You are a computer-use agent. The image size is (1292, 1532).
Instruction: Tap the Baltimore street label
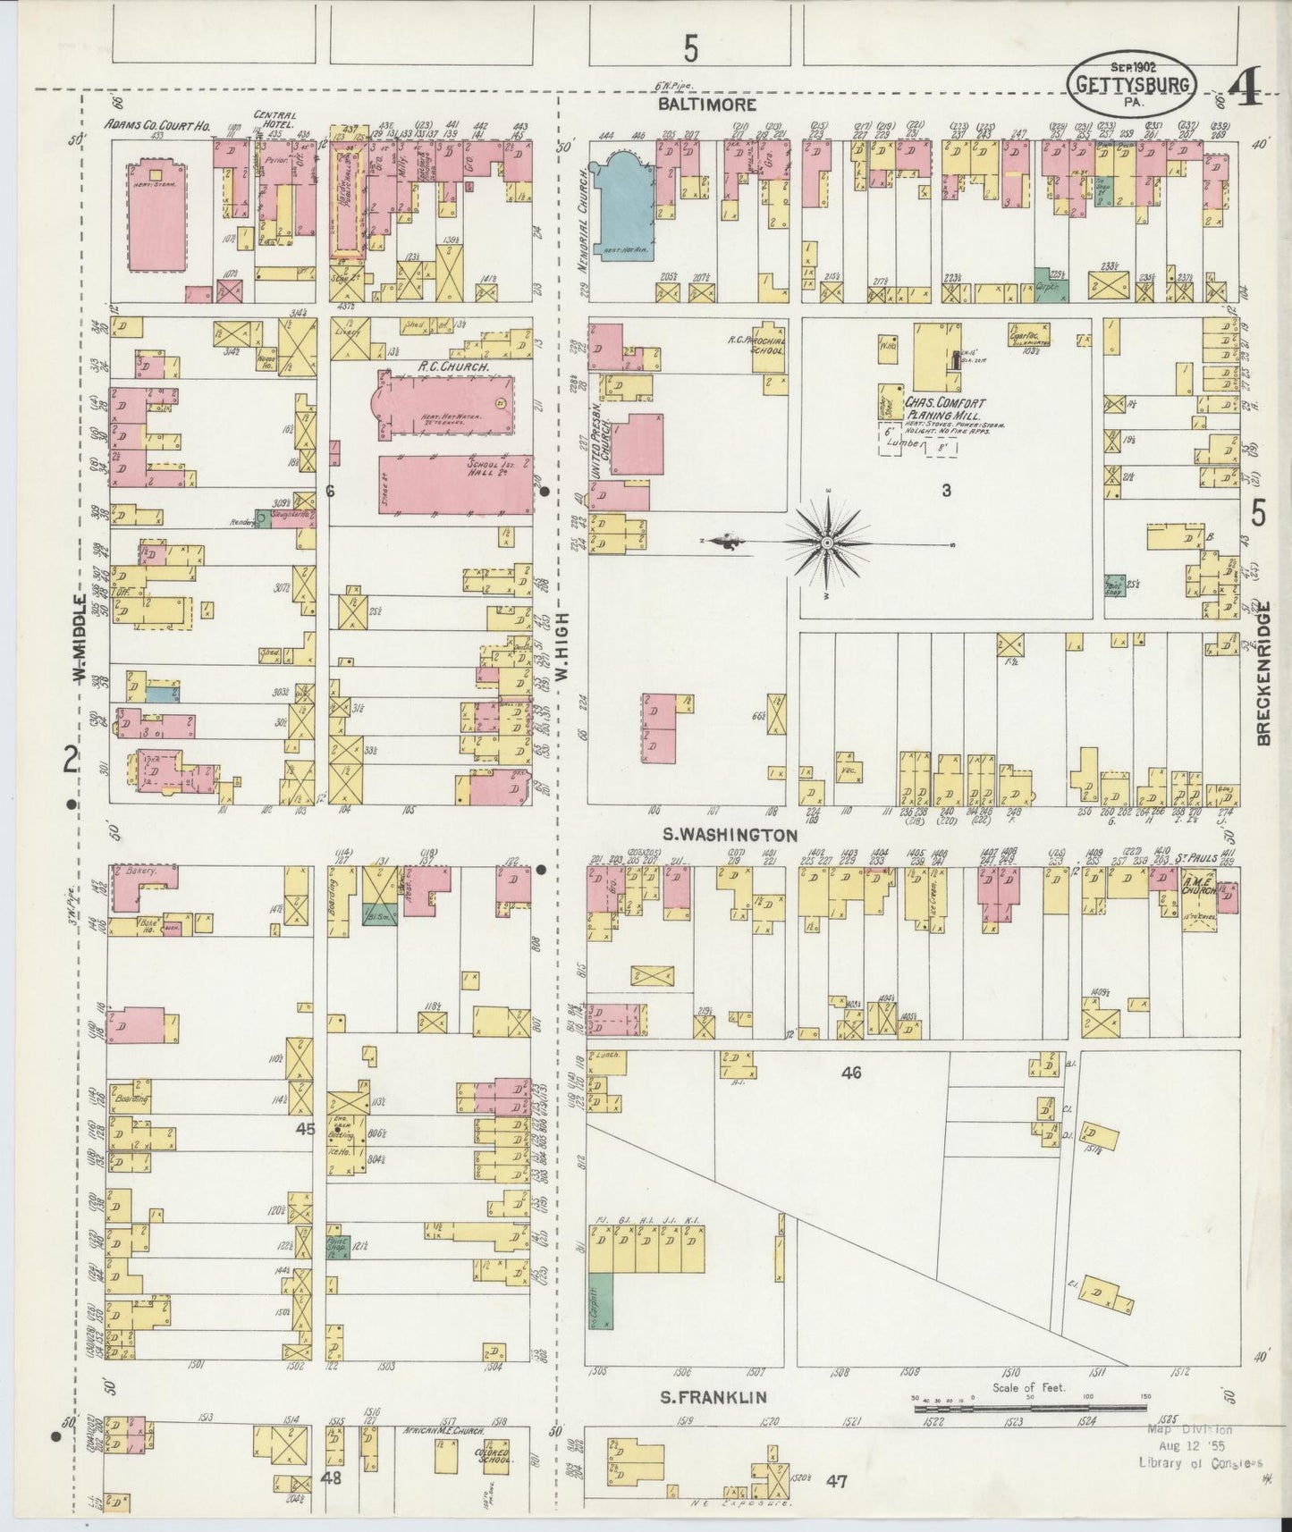pyautogui.click(x=707, y=105)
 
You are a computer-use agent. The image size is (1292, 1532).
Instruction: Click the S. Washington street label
pyautogui.click(x=729, y=835)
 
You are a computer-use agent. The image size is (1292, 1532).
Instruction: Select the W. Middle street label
pyautogui.click(x=80, y=639)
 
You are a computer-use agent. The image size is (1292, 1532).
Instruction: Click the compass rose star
pyautogui.click(x=827, y=543)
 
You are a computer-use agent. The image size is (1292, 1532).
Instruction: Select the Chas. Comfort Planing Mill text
pyautogui.click(x=944, y=409)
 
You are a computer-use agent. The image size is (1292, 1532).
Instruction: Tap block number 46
pyautogui.click(x=850, y=1073)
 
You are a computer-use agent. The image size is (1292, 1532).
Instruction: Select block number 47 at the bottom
pyautogui.click(x=836, y=1482)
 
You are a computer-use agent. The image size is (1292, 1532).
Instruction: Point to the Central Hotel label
pyautogui.click(x=275, y=118)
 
